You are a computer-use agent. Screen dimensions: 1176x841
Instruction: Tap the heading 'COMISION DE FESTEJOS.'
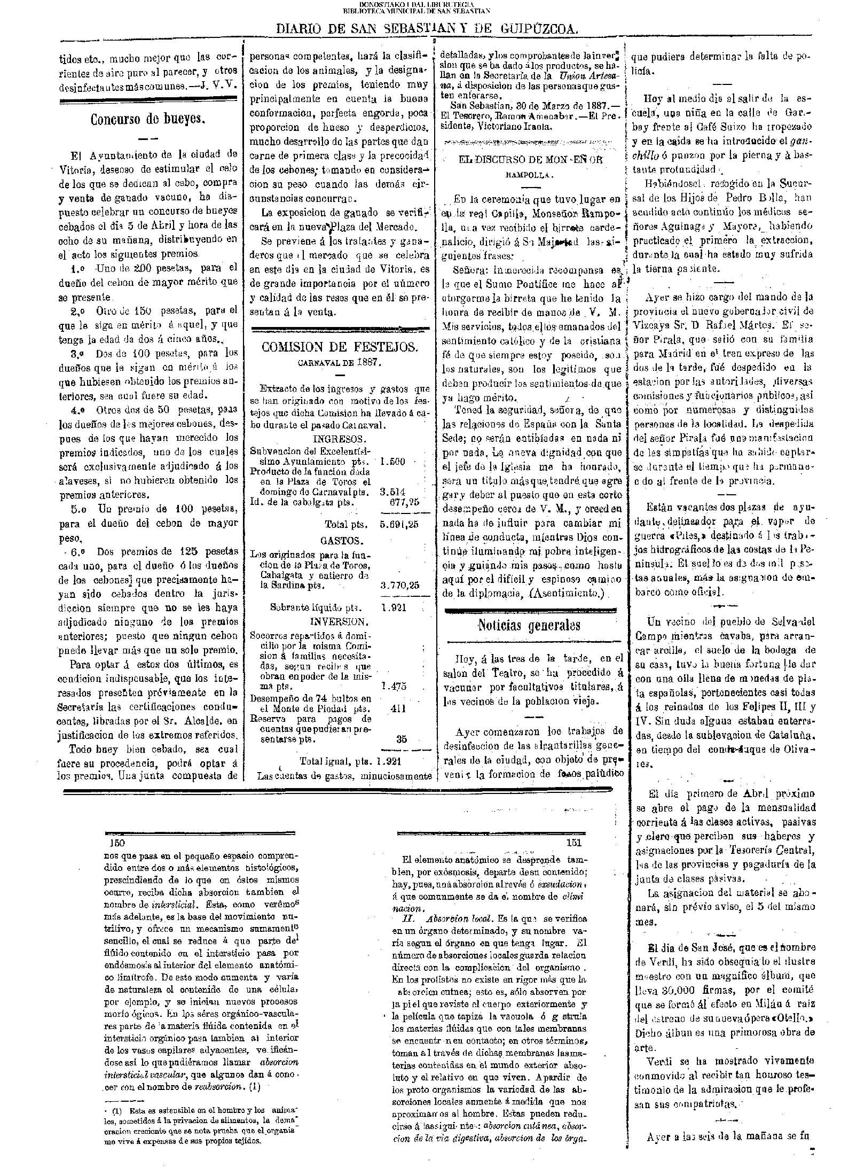(x=340, y=347)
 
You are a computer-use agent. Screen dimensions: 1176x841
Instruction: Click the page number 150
(x=117, y=843)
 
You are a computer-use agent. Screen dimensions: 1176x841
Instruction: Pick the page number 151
(x=573, y=843)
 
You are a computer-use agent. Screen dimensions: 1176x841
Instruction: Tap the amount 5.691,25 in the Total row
(x=399, y=524)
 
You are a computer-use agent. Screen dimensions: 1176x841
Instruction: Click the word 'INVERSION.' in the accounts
(x=339, y=622)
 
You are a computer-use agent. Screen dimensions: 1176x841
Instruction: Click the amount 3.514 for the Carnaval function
(x=392, y=492)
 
